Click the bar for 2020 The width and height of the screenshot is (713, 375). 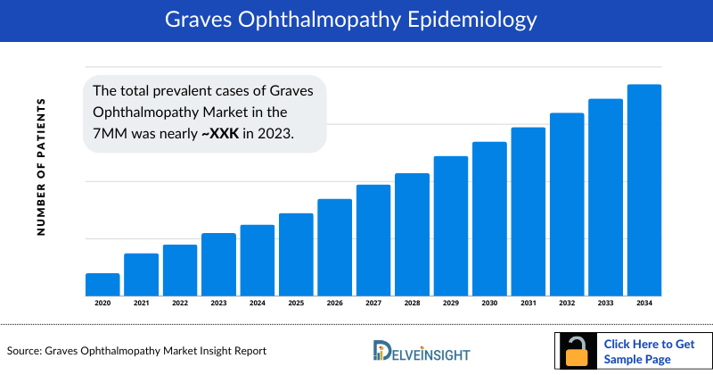(x=102, y=285)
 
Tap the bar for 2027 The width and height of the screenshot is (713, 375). (x=373, y=240)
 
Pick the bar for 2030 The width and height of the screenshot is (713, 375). (x=489, y=219)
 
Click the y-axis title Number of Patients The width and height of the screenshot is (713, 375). (x=41, y=168)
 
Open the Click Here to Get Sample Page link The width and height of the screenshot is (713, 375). (x=649, y=350)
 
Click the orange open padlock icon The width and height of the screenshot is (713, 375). (x=578, y=352)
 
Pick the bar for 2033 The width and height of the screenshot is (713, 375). (x=605, y=197)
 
